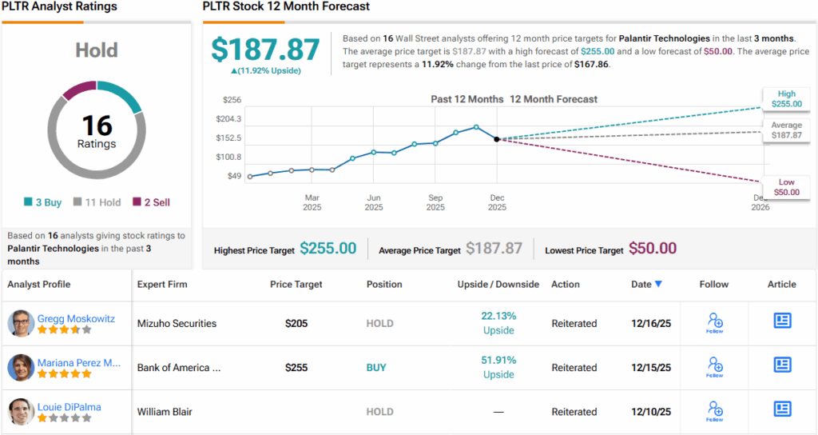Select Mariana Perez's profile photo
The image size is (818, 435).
coord(21,367)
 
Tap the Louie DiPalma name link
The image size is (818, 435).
coord(69,407)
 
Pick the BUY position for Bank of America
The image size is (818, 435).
coord(375,368)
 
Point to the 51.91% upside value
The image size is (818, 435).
coord(498,360)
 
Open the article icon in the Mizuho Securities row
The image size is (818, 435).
coord(782,321)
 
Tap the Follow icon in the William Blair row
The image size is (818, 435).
coord(715,410)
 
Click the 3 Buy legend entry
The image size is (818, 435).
coord(43,202)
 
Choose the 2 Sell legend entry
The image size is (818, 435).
coord(151,202)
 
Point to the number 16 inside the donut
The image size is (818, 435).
coord(97,125)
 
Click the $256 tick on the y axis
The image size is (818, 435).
coord(232,100)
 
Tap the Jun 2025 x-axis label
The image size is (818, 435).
coord(374,202)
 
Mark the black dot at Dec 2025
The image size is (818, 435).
coord(497,139)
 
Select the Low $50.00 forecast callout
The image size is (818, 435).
coord(786,188)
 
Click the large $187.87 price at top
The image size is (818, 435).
coord(265,50)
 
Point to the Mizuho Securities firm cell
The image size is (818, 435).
coord(177,324)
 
